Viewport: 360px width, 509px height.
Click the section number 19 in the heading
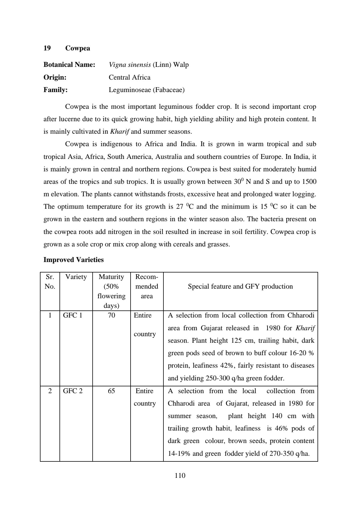tap(47, 48)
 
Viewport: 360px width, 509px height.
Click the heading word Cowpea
tap(78, 48)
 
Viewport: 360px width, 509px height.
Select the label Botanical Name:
tap(69, 65)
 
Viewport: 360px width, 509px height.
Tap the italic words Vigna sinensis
tap(130, 65)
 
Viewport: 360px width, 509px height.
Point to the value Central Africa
tap(129, 77)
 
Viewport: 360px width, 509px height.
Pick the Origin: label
tap(55, 77)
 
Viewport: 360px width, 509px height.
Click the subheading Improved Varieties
tap(73, 260)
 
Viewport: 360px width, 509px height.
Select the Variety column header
tap(76, 277)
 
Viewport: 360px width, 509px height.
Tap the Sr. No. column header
tap(50, 282)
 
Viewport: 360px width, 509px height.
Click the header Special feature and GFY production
tap(240, 286)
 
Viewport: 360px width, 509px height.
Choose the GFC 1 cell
tap(73, 315)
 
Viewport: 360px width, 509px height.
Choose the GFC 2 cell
tap(73, 391)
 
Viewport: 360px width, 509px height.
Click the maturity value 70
tap(111, 315)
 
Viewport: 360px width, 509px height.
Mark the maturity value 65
tap(111, 391)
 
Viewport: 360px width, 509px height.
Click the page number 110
tap(180, 476)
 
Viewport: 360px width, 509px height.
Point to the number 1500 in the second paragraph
tap(309, 182)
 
